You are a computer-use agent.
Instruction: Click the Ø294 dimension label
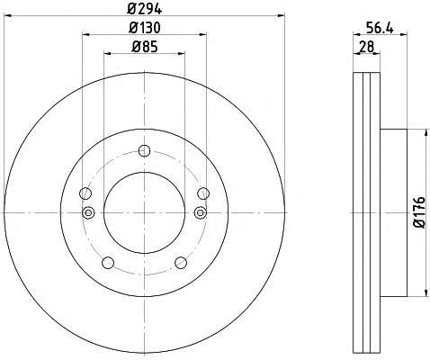(x=144, y=9)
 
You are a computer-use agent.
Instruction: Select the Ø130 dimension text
(x=145, y=28)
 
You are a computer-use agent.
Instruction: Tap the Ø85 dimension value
(x=145, y=47)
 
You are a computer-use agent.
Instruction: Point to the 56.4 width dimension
(x=380, y=29)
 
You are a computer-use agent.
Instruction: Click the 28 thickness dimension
(x=367, y=47)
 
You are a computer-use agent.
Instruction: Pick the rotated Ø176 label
(x=420, y=212)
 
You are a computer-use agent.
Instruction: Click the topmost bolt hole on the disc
(x=144, y=150)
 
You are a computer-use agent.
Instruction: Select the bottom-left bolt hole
(x=108, y=263)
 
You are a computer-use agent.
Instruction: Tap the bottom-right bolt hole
(x=181, y=263)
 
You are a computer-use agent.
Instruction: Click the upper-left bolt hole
(x=85, y=193)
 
